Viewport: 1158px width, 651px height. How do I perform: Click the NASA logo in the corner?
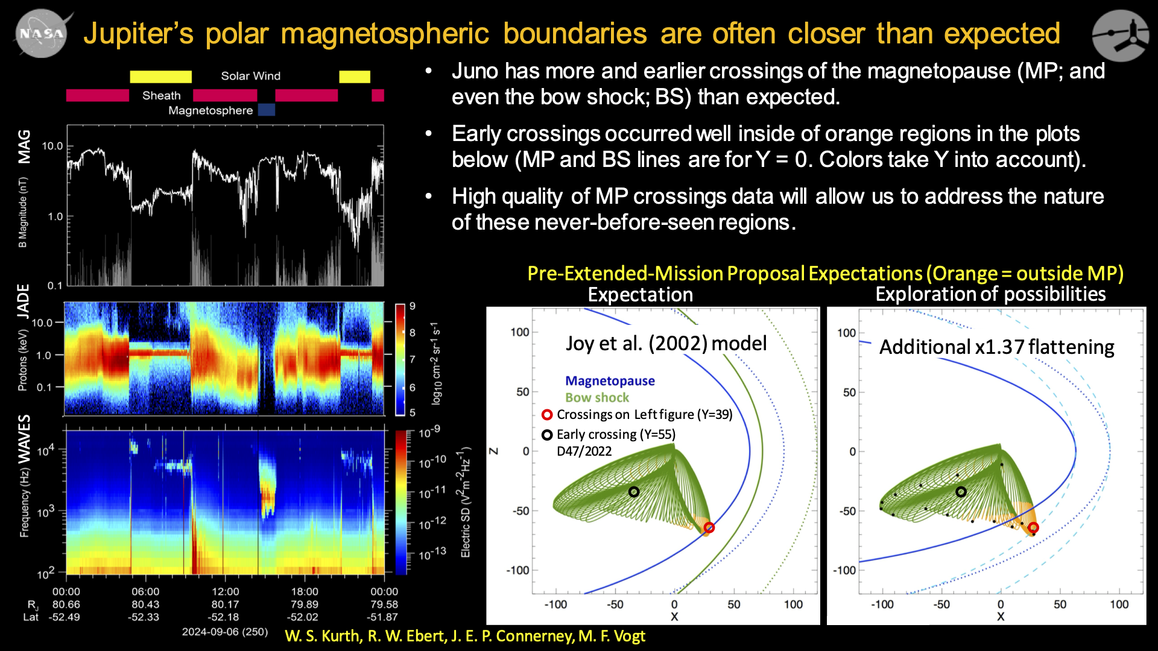pyautogui.click(x=41, y=34)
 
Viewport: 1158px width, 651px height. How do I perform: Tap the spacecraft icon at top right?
pyautogui.click(x=1121, y=35)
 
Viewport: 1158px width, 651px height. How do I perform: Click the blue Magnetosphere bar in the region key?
pyautogui.click(x=267, y=110)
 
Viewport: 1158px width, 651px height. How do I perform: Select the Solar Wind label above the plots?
pyautogui.click(x=250, y=76)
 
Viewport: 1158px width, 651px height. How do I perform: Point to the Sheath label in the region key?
pyautogui.click(x=161, y=96)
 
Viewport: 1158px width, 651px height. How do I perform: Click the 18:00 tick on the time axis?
pyautogui.click(x=305, y=591)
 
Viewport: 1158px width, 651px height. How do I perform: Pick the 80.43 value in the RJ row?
pyautogui.click(x=145, y=604)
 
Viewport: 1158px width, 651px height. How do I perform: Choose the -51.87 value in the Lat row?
pyautogui.click(x=382, y=617)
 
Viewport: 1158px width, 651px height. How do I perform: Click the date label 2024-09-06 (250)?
pyautogui.click(x=224, y=632)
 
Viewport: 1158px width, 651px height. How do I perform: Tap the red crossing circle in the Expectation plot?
pyautogui.click(x=709, y=527)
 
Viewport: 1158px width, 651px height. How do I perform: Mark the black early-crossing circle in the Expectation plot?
pyautogui.click(x=633, y=492)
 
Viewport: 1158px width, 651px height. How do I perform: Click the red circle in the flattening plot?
pyautogui.click(x=1033, y=527)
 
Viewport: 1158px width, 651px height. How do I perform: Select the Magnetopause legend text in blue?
pyautogui.click(x=610, y=381)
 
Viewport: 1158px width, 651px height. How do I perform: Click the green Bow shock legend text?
pyautogui.click(x=597, y=398)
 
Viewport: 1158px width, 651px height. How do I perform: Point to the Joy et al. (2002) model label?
pyautogui.click(x=666, y=344)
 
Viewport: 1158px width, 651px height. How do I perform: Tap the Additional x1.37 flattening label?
pyautogui.click(x=996, y=347)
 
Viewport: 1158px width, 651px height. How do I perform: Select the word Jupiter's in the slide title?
pyautogui.click(x=138, y=34)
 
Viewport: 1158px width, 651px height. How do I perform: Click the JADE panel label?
pyautogui.click(x=23, y=301)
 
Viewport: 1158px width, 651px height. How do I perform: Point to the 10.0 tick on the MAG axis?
pyautogui.click(x=52, y=146)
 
